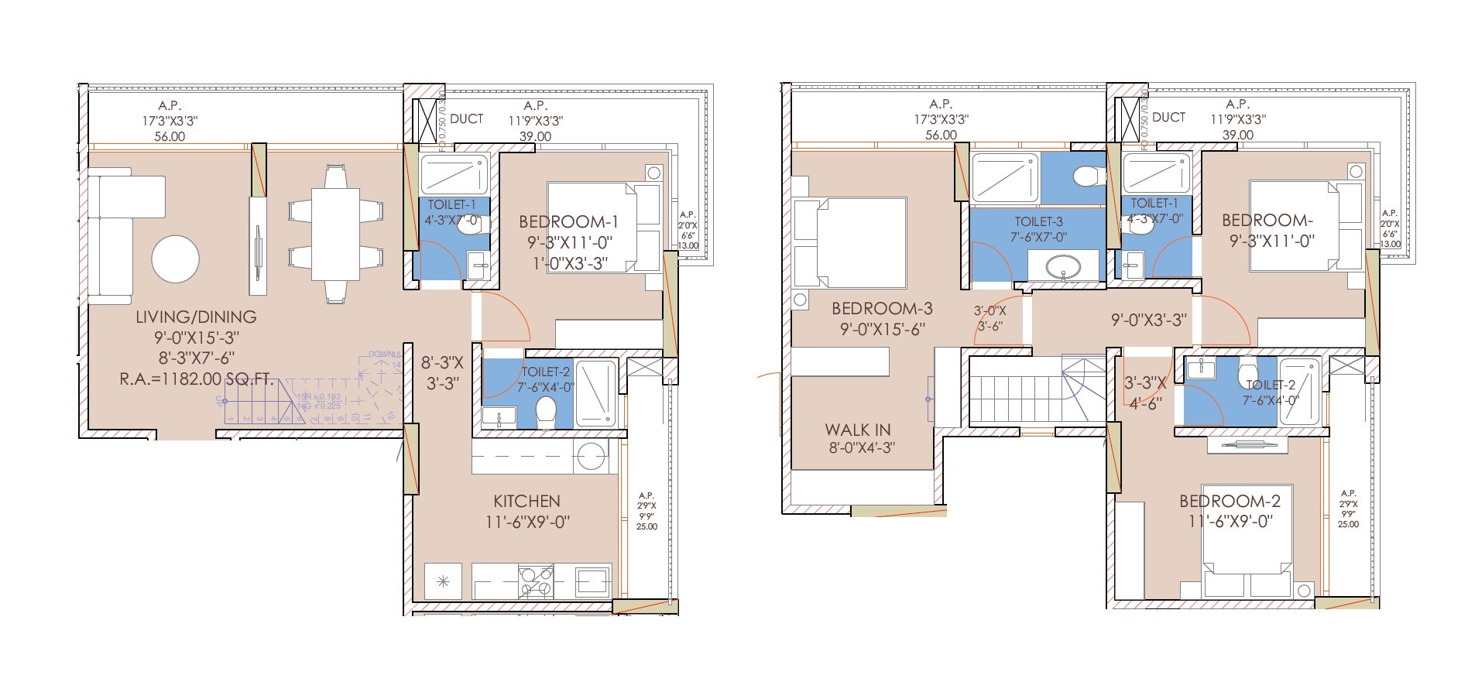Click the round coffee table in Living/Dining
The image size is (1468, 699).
pos(176,259)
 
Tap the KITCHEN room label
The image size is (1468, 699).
pos(526,501)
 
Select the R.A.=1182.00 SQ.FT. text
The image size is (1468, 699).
pos(196,379)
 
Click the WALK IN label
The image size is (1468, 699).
pos(857,430)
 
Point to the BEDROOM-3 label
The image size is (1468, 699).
pos(882,309)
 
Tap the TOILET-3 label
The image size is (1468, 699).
pos(1038,221)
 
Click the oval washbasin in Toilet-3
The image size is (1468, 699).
pos(1066,268)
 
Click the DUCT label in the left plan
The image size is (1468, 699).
pos(466,118)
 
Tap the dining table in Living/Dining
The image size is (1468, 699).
pos(335,234)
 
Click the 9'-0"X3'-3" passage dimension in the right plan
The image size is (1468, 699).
pos(1148,320)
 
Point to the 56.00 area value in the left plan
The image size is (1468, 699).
pos(171,137)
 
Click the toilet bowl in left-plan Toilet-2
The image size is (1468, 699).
pos(546,410)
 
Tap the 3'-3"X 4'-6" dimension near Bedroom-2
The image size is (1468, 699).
pos(1144,392)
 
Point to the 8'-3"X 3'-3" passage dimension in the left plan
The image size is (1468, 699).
pos(441,372)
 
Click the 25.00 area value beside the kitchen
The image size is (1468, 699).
pos(647,526)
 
